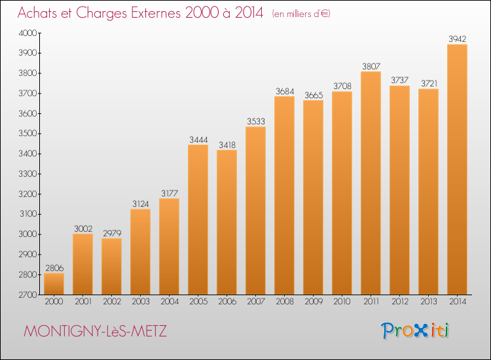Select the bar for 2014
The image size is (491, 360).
(x=457, y=170)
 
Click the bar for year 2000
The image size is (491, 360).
(x=54, y=284)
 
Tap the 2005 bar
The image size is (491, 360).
(x=198, y=219)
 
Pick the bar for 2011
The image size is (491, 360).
(x=371, y=183)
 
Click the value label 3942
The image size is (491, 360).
(x=457, y=39)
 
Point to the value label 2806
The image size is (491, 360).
(x=54, y=268)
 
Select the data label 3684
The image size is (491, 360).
(x=285, y=91)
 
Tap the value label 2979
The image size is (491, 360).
(x=112, y=233)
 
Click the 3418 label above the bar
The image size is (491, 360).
(x=227, y=145)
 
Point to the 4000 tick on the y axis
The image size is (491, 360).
(x=27, y=33)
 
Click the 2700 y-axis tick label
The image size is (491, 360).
(x=27, y=295)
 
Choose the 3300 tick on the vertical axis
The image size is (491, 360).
(x=27, y=174)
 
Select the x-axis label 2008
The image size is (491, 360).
(x=285, y=302)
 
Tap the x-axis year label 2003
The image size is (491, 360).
(x=141, y=302)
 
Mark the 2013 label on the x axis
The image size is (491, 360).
(x=428, y=302)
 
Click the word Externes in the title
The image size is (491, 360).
(x=156, y=12)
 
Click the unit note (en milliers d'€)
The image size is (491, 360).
(x=301, y=14)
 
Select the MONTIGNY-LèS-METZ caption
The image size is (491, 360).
(x=95, y=331)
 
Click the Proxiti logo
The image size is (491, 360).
(x=414, y=331)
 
